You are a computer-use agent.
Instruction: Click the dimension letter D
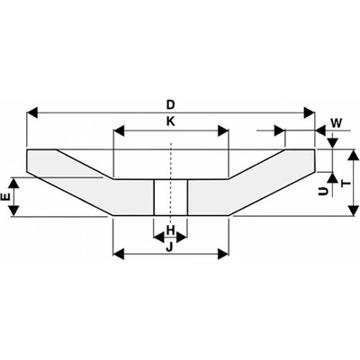click(171, 105)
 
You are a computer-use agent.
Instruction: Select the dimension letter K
click(171, 121)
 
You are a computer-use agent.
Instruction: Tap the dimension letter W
click(337, 123)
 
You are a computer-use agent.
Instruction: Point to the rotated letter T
click(346, 182)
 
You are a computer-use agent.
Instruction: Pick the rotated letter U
click(323, 191)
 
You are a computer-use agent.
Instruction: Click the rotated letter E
click(6, 197)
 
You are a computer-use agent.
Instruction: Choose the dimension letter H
click(170, 230)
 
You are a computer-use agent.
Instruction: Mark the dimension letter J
click(170, 247)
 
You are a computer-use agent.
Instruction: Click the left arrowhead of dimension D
click(32, 113)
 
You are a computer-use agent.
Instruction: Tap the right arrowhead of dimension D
click(310, 113)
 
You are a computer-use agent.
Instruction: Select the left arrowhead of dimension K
click(119, 131)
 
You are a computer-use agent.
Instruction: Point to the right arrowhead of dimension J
click(223, 254)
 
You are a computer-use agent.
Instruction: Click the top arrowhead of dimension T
click(355, 155)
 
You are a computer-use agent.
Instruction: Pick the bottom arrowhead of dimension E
click(14, 211)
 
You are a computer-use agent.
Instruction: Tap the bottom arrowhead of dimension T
click(355, 210)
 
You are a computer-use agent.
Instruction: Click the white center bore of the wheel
click(171, 197)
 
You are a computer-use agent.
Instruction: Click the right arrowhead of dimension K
click(223, 131)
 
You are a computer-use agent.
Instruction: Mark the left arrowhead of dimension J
click(119, 254)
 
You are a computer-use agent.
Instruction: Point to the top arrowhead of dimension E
click(14, 184)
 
